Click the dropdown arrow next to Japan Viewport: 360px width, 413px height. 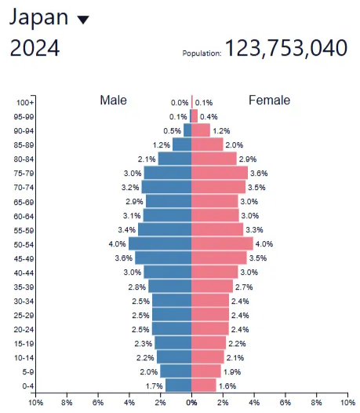pyautogui.click(x=84, y=20)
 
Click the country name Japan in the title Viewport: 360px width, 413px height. pyautogui.click(x=38, y=17)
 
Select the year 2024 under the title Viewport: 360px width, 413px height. pyautogui.click(x=35, y=48)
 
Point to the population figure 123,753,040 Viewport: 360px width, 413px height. pyautogui.click(x=286, y=48)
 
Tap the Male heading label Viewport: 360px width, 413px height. pyautogui.click(x=113, y=101)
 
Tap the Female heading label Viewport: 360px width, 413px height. pyautogui.click(x=269, y=101)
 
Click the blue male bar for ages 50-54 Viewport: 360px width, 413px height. pyautogui.click(x=160, y=244)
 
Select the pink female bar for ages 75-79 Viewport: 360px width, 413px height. pyautogui.click(x=219, y=173)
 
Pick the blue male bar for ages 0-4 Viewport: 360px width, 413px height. pyautogui.click(x=178, y=386)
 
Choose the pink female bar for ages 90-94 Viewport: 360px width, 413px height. pyautogui.click(x=201, y=130)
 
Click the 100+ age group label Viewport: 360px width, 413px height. pyautogui.click(x=24, y=103)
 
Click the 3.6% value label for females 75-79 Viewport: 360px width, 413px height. pyautogui.click(x=258, y=173)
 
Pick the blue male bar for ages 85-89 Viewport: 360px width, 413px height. pyautogui.click(x=182, y=144)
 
